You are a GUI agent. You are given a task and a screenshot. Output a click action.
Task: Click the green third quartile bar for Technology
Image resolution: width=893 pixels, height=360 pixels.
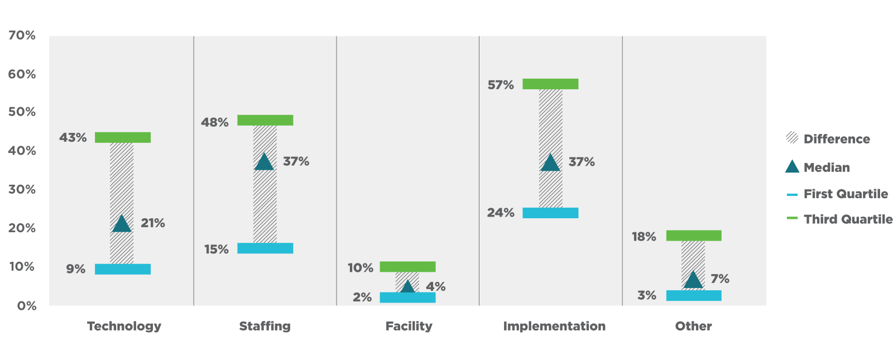pos(123,137)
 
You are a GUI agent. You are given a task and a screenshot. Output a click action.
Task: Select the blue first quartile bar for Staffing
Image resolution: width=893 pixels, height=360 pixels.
pos(265,248)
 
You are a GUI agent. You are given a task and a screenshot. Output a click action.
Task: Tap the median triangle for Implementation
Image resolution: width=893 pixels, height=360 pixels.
pos(550,163)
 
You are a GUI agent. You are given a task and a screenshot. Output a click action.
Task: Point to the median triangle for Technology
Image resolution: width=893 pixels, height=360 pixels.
pos(122,224)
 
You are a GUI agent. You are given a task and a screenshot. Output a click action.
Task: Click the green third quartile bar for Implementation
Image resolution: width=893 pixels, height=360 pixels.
pos(550,84)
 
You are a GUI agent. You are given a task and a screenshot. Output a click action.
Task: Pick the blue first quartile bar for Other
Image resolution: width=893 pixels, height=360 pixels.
pos(694,295)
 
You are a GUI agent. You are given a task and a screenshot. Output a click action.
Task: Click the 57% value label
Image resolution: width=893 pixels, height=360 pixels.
pos(501,85)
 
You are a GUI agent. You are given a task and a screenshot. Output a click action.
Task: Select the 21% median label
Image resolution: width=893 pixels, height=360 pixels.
pos(153,223)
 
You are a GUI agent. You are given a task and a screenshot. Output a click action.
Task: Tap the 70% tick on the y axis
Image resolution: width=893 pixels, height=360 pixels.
pos(22,35)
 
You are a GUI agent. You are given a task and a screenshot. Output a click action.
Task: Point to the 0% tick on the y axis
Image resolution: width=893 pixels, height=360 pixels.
pos(27,306)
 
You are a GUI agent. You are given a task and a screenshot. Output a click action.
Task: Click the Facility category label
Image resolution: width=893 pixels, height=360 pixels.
pos(409,326)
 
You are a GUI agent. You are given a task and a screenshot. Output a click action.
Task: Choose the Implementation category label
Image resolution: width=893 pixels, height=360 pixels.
pos(554,326)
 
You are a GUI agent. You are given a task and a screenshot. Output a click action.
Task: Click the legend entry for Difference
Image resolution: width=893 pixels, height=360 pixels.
pos(837,139)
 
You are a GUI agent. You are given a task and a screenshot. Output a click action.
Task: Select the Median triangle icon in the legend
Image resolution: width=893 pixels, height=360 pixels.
pos(792,166)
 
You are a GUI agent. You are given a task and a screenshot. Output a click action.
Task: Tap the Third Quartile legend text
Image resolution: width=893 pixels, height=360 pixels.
pos(848,219)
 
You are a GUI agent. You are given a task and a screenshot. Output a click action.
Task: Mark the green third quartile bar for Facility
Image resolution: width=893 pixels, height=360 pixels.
pos(407,267)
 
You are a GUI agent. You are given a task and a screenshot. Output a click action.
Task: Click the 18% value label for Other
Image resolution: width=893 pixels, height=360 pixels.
pos(644,237)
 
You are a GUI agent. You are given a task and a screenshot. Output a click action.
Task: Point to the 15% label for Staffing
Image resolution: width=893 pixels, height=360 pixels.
pos(217,249)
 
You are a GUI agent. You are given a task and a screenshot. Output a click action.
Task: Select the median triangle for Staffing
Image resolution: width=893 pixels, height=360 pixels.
pos(264,162)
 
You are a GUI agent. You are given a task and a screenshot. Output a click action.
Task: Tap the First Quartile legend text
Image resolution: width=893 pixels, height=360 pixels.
pos(846,194)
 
